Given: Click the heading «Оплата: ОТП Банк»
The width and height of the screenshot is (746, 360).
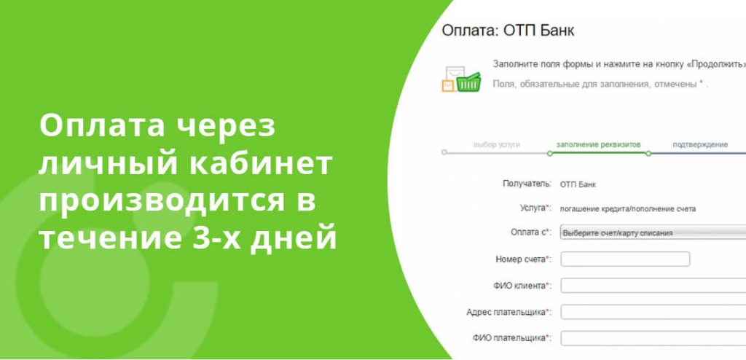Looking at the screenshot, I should pos(508,31).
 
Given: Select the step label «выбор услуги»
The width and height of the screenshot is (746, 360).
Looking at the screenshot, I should pos(496,144).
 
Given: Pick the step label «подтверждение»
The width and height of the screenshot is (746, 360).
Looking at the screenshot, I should pos(699,144).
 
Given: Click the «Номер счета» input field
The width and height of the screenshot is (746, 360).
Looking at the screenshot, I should pos(625,259).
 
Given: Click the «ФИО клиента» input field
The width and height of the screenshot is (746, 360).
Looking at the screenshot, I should pos(653,285).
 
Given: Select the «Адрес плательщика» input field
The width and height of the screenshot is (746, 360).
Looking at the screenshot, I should pos(653,312).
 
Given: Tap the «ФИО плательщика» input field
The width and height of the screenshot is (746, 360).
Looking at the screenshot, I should pos(653,338).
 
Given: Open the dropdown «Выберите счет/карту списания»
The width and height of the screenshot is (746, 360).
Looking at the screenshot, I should pos(653,233).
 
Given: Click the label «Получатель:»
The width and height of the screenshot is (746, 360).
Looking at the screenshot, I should pos(526,184).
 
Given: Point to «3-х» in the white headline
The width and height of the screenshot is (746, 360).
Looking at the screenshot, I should pos(222,238).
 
